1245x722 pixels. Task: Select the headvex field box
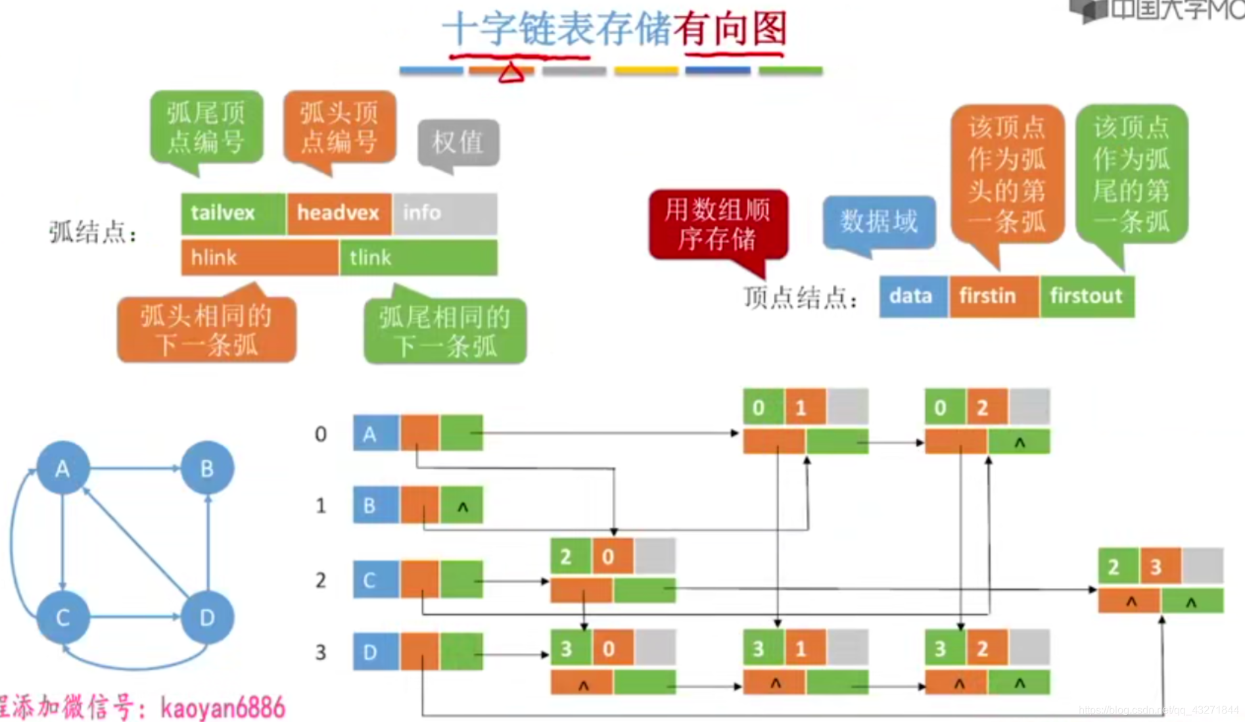click(x=339, y=213)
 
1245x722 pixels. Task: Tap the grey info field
click(x=445, y=213)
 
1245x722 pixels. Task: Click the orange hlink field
click(x=260, y=258)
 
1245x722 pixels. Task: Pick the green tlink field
click(x=419, y=258)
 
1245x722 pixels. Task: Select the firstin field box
click(x=993, y=296)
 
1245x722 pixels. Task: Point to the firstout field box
click(x=1087, y=296)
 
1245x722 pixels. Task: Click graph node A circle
click(x=62, y=468)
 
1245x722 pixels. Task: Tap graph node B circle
click(x=207, y=468)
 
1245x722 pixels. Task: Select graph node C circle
click(x=62, y=617)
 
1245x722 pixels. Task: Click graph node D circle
click(x=207, y=617)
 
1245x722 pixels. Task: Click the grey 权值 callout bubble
click(x=458, y=143)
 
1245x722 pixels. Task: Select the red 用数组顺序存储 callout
click(x=718, y=224)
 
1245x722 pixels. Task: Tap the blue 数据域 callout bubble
click(x=879, y=222)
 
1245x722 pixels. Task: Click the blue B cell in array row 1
click(x=375, y=505)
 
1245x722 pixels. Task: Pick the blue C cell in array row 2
click(x=375, y=579)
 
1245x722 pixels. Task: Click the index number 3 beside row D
click(x=321, y=652)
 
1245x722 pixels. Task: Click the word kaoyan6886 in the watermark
click(x=223, y=708)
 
